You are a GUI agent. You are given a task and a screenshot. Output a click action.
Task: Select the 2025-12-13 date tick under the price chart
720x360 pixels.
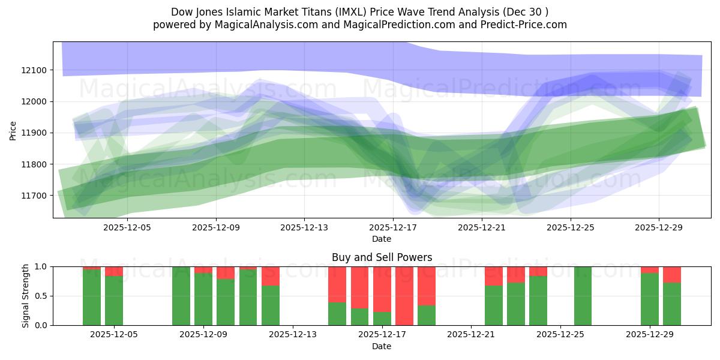pyautogui.click(x=304, y=227)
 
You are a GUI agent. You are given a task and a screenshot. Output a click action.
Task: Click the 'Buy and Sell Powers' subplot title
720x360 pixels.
pyautogui.click(x=382, y=257)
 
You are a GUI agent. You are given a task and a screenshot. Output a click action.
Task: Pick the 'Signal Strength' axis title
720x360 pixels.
pyautogui.click(x=26, y=296)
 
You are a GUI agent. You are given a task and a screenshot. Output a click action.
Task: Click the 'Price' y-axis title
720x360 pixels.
pyautogui.click(x=13, y=130)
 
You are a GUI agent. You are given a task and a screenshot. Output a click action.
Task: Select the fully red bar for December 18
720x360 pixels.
pyautogui.click(x=404, y=296)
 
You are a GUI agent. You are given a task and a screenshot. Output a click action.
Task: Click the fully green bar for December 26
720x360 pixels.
pyautogui.click(x=583, y=296)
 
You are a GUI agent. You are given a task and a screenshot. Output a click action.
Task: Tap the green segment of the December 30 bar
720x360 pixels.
pyautogui.click(x=672, y=304)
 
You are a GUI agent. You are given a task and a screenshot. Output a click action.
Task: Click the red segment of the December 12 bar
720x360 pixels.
pyautogui.click(x=271, y=275)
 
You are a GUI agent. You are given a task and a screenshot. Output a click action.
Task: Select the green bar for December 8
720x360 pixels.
pyautogui.click(x=181, y=296)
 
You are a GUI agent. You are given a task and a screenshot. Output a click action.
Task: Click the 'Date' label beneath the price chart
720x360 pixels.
pyautogui.click(x=382, y=239)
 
